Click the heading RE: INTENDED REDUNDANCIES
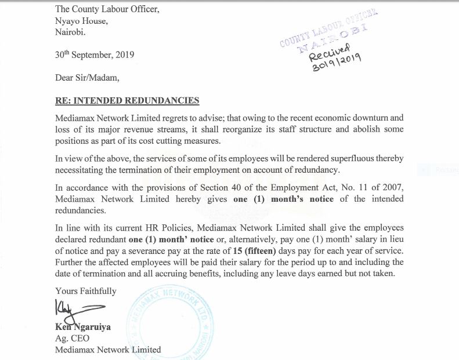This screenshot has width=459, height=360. (x=127, y=101)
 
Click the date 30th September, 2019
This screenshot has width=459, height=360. (x=95, y=55)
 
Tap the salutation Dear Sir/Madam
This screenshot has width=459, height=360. (x=86, y=78)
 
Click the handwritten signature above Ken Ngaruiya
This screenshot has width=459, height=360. (x=78, y=311)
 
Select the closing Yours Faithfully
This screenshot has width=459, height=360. (x=86, y=291)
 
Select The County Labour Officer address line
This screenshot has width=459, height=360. (x=106, y=9)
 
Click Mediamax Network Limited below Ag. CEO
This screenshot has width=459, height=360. (x=108, y=350)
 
